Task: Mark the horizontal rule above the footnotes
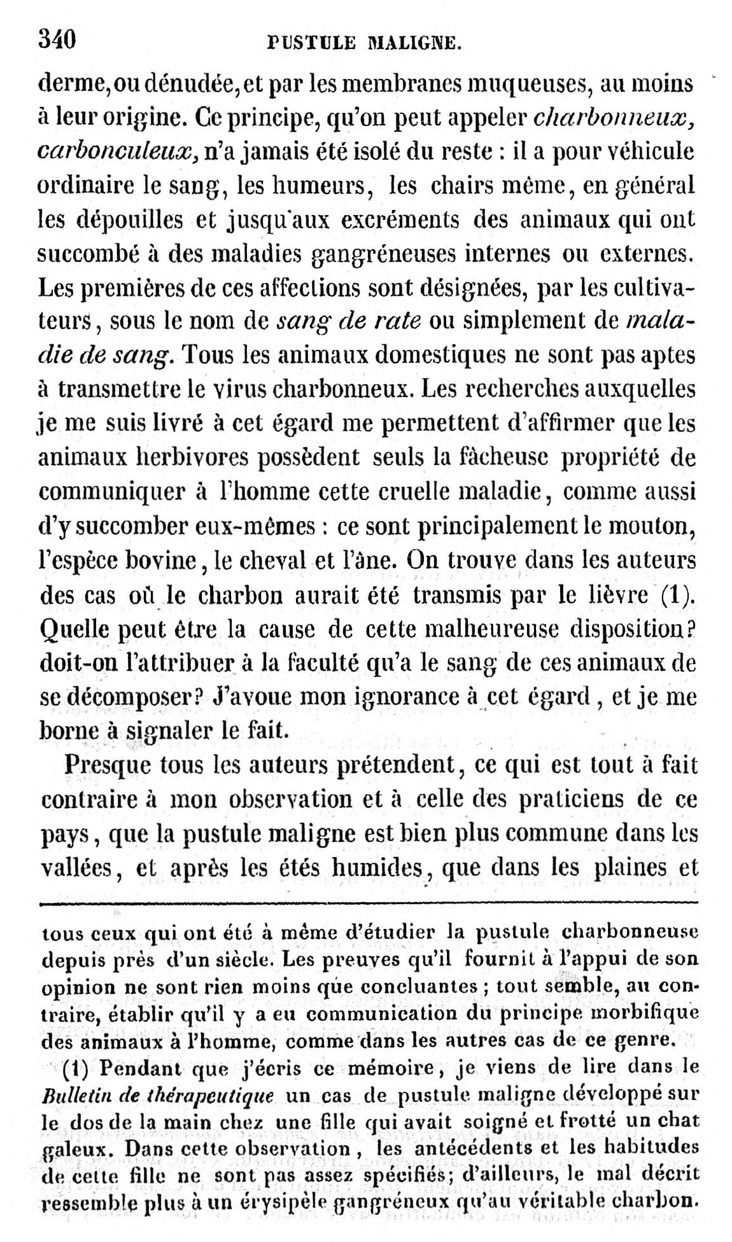[x=369, y=902]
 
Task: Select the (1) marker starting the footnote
[x=77, y=1067]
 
